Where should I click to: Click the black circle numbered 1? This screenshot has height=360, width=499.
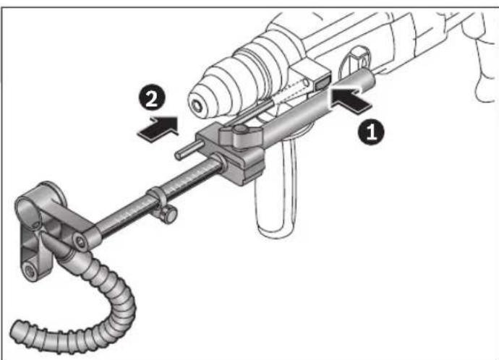[371, 133]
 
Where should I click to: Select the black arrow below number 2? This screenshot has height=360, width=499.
[158, 127]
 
